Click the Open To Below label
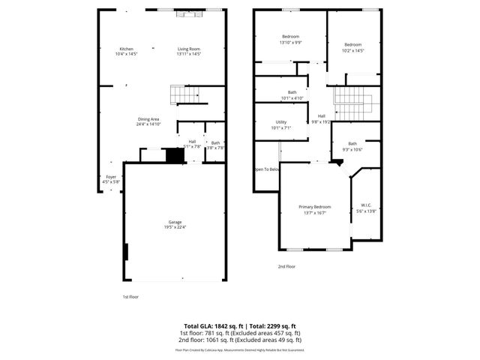coord(267,169)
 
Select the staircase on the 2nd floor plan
coord(353,103)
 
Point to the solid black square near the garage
coord(175,155)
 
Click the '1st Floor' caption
coord(130,296)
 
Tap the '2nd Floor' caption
coord(286,266)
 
